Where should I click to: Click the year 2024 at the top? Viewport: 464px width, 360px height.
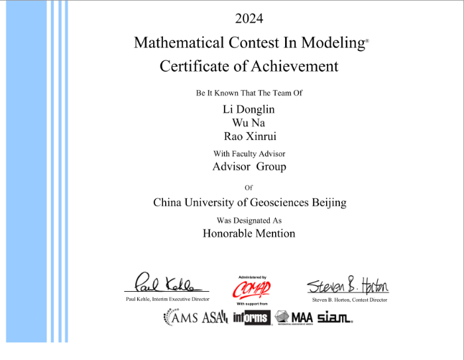coord(249,18)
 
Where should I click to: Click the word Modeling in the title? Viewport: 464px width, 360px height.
coord(334,42)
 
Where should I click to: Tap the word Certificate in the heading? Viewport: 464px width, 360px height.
coord(192,66)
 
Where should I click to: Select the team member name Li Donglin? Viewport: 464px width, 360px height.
coord(249,109)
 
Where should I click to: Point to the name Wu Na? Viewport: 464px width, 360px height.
coord(249,123)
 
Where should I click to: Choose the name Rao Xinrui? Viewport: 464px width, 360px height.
coord(249,137)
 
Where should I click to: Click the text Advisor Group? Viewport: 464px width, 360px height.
coord(249,166)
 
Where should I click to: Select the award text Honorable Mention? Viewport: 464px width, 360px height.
coord(249,233)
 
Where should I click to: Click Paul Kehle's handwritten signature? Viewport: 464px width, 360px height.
coord(164,284)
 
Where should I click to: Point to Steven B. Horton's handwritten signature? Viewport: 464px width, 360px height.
coord(347,285)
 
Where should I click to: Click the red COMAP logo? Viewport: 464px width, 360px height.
coord(251,289)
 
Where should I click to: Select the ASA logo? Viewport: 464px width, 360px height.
coord(215,318)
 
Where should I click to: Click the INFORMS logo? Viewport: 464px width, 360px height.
coord(251,318)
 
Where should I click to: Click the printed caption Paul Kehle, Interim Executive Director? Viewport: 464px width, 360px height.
coord(167,300)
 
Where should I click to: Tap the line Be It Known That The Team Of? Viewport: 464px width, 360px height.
coord(249,93)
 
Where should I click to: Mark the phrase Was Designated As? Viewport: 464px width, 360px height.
coord(249,219)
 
